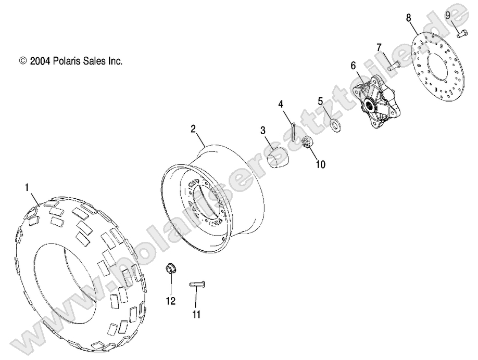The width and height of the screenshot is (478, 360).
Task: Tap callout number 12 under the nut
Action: click(x=171, y=301)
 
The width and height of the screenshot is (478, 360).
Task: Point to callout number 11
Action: click(x=196, y=314)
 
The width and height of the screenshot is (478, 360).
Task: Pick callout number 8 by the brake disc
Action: click(x=409, y=18)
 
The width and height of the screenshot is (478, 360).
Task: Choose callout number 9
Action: click(x=448, y=14)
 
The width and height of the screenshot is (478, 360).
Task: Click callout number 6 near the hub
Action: click(x=353, y=66)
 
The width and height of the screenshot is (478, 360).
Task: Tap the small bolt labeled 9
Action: click(x=462, y=34)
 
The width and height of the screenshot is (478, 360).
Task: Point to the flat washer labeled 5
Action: click(x=335, y=124)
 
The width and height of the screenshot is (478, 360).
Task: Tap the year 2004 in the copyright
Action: click(x=40, y=61)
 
